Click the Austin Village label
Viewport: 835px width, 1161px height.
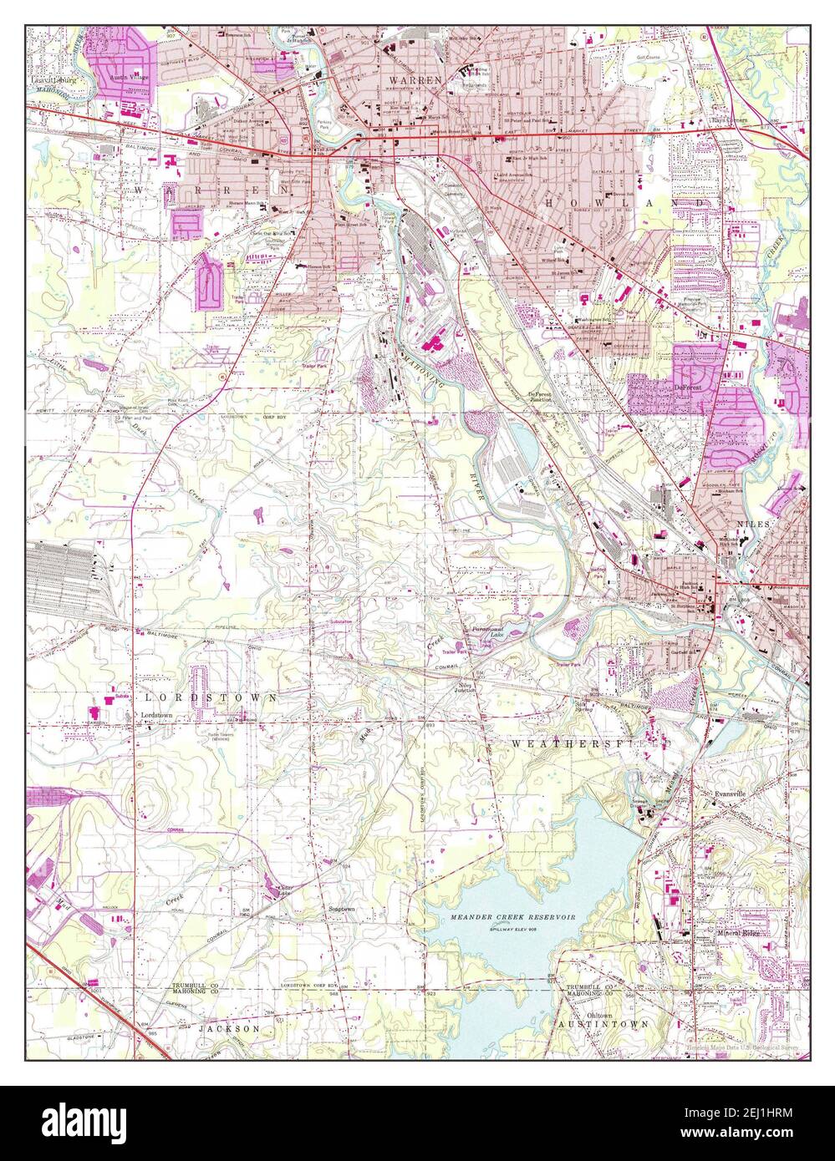tap(130, 76)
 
